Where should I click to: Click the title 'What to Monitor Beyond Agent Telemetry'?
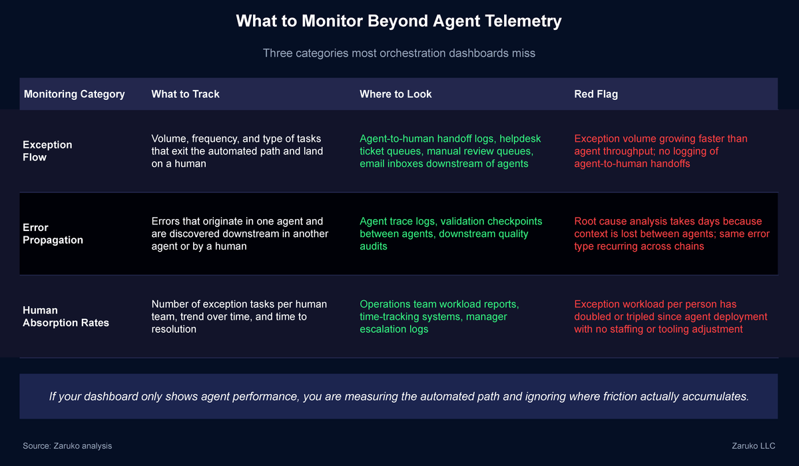399,21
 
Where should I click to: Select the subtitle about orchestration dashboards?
399,53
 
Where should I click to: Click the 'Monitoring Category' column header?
74,94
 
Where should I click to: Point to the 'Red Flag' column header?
596,94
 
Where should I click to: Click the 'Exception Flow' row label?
47,151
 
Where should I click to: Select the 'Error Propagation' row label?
53,234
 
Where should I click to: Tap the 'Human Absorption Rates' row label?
66,316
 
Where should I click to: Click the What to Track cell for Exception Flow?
236,151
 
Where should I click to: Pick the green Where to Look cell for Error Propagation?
451,234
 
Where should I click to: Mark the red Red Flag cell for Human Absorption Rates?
670,316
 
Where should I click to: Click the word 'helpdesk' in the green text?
519,138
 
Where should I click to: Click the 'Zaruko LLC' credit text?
752,445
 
